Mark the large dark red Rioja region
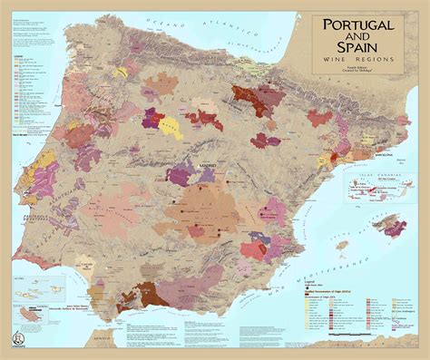(248, 93)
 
